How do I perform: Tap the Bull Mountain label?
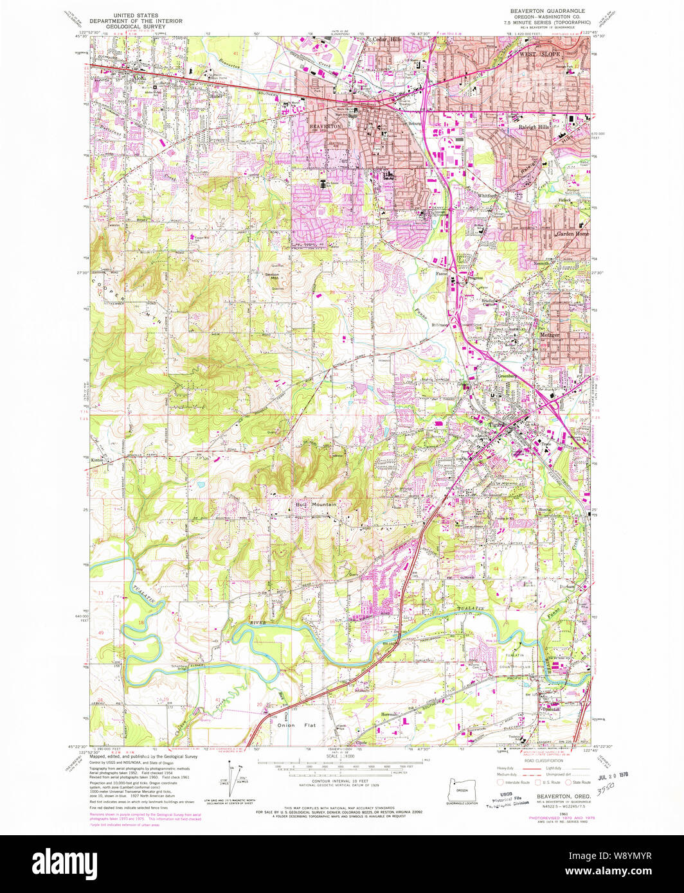point(316,505)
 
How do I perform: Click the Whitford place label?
point(487,195)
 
